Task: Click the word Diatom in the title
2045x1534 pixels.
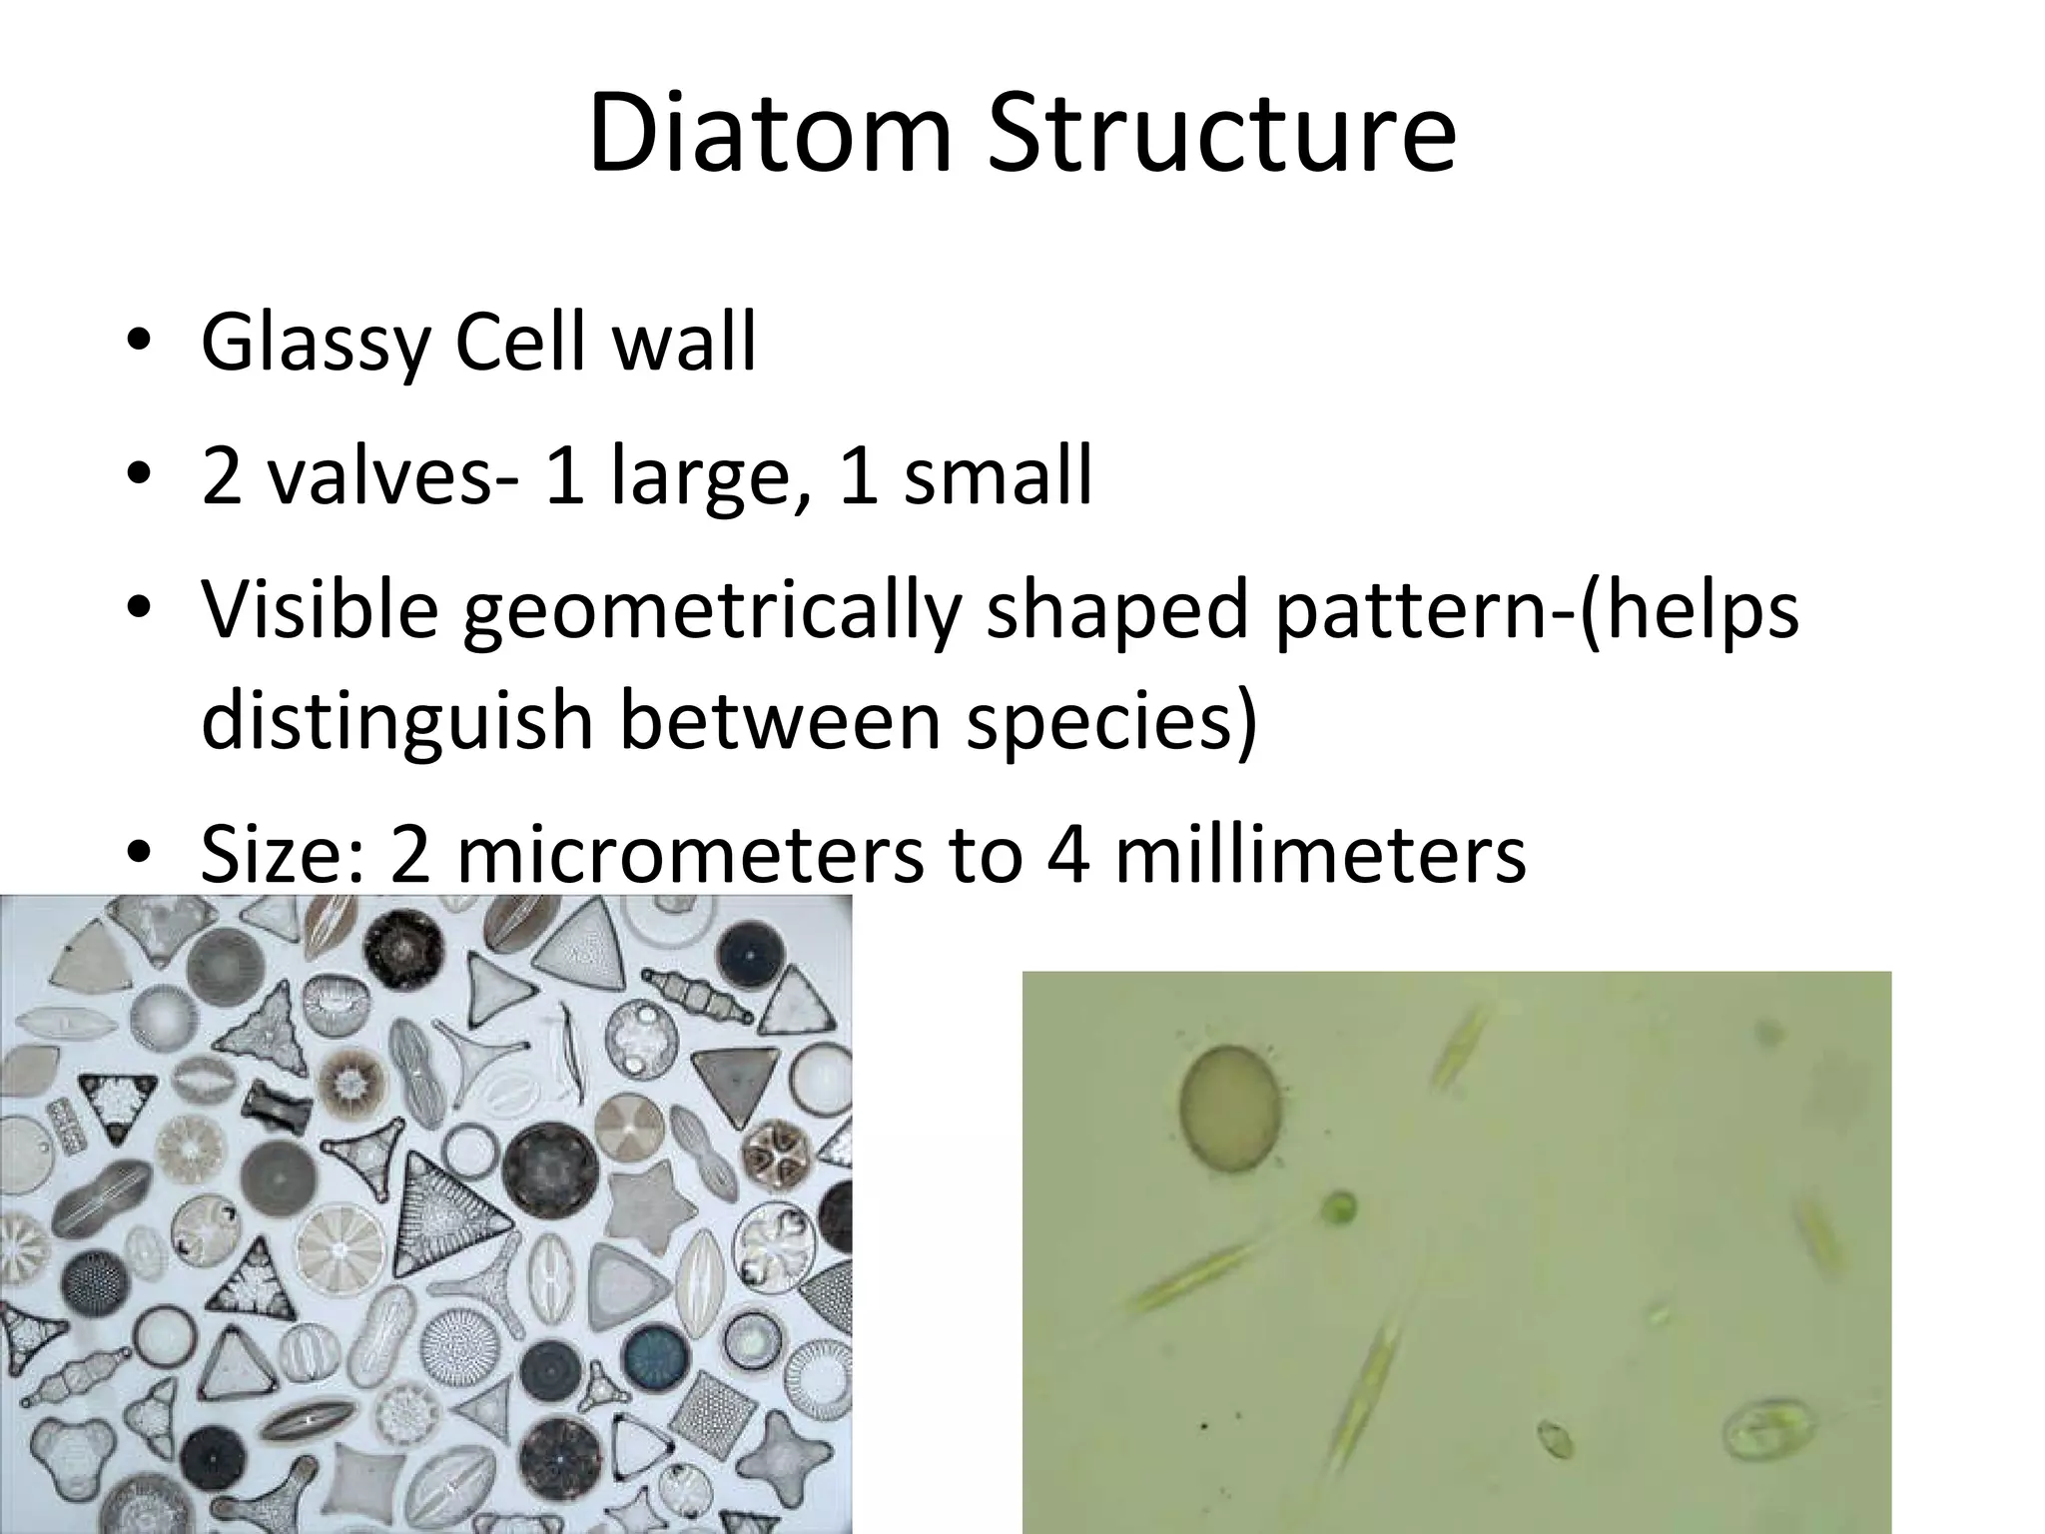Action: pyautogui.click(x=770, y=133)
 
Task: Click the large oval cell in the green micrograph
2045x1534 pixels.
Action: pyautogui.click(x=1230, y=1109)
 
